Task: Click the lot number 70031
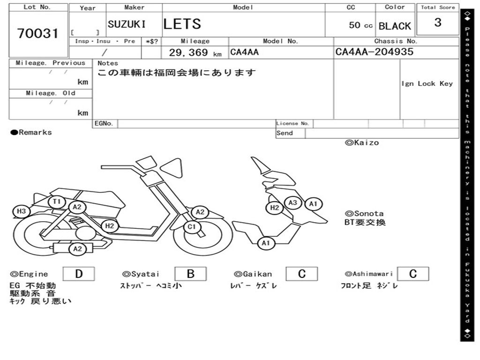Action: [38, 33]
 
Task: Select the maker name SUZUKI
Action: [127, 24]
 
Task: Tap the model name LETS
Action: [182, 24]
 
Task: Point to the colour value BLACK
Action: [395, 26]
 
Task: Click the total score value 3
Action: [437, 22]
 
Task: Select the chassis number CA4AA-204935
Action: [375, 52]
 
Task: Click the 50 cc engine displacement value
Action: [360, 25]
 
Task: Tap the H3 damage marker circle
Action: [21, 211]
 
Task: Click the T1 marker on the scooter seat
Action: [57, 202]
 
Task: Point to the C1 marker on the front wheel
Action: [192, 227]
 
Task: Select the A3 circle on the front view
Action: [293, 202]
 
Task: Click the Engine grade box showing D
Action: [78, 274]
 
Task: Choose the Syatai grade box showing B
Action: [190, 274]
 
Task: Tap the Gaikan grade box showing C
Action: [301, 274]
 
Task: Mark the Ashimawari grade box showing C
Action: [412, 274]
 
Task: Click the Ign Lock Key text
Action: [427, 83]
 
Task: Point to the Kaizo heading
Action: [362, 142]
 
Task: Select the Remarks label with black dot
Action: [31, 132]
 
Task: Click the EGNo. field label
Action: [104, 124]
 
